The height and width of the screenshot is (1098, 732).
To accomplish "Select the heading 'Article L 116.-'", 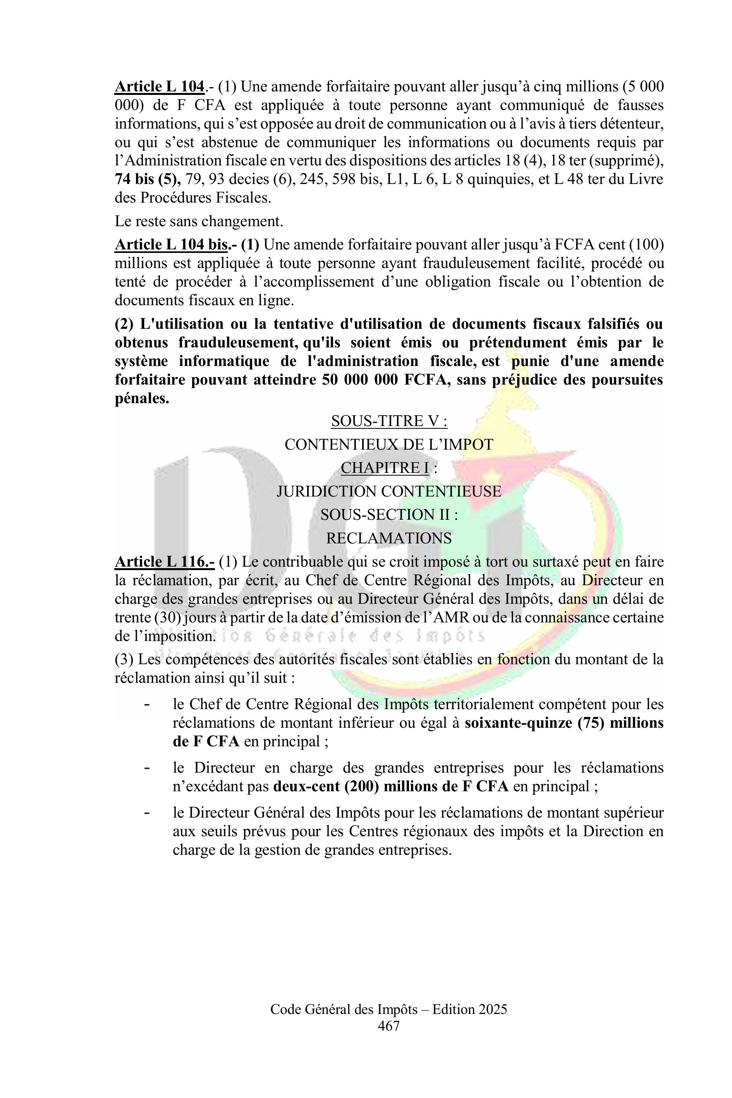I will [164, 562].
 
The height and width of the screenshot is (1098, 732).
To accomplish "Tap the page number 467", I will [388, 1026].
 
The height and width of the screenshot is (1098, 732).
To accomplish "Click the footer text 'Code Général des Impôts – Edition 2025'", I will [388, 1010].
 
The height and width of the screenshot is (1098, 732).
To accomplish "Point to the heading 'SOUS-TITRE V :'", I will [389, 421].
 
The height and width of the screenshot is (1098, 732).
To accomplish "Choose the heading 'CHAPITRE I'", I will [385, 468].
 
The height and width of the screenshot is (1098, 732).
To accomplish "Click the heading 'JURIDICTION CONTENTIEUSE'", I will [389, 491].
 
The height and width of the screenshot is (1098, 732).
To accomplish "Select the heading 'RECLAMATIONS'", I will [388, 538].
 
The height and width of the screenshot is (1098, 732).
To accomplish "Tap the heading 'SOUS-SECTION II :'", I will [388, 515].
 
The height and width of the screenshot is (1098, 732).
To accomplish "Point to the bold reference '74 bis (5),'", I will [148, 179].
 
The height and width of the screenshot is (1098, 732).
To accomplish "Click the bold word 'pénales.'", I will [142, 399].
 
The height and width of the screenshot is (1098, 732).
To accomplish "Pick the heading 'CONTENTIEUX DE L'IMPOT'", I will [389, 445].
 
